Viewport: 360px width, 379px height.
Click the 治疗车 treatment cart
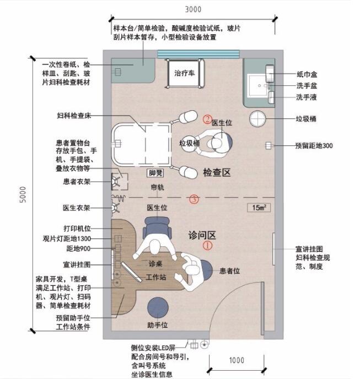[185, 73]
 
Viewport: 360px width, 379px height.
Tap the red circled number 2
[207, 119]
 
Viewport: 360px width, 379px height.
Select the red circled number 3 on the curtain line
[194, 199]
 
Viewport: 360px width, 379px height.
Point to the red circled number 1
[207, 246]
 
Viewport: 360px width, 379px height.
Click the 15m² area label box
[259, 208]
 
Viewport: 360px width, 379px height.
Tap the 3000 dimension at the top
[193, 9]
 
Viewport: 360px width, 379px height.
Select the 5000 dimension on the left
[23, 194]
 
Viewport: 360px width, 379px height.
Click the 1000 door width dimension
[237, 360]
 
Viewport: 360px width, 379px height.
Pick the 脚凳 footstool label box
[156, 173]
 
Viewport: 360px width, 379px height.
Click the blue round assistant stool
[158, 308]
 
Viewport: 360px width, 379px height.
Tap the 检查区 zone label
[217, 172]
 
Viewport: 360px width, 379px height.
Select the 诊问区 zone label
[202, 235]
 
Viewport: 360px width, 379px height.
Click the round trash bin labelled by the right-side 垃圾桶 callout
[257, 118]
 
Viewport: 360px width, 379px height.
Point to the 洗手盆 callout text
[307, 86]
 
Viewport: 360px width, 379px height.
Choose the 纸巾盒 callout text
[307, 74]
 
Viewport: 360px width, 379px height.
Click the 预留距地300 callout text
[314, 145]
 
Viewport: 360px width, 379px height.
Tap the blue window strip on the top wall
[198, 54]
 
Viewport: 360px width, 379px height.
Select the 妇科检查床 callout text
[74, 115]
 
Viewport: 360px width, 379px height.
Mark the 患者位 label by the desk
[229, 270]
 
